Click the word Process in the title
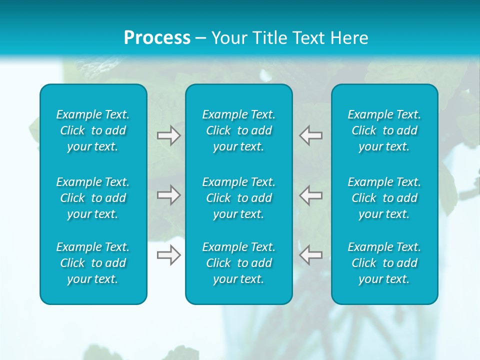(x=157, y=38)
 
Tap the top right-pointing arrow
(x=169, y=135)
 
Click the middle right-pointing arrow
(x=169, y=195)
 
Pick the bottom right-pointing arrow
(x=169, y=255)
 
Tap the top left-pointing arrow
(x=310, y=135)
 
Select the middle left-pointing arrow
(x=310, y=195)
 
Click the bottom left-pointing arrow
(x=310, y=255)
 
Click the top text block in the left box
(x=93, y=130)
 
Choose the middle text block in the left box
(x=93, y=198)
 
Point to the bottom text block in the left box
(x=93, y=263)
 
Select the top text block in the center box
(x=239, y=130)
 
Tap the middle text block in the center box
(x=239, y=198)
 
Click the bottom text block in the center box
(x=239, y=263)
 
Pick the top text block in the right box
(x=384, y=130)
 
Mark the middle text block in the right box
(x=384, y=198)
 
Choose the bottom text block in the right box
(x=384, y=263)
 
